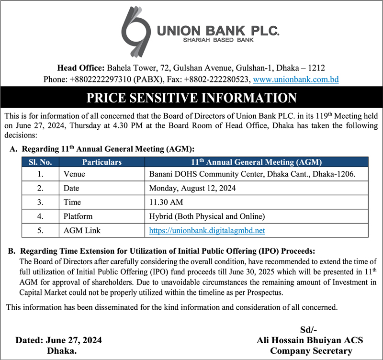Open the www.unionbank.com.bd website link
[x=295, y=79]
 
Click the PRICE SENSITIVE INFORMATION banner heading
[x=191, y=98]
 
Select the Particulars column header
[x=101, y=162]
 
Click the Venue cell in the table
[x=75, y=174]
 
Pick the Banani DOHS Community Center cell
[x=252, y=174]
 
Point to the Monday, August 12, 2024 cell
[x=192, y=188]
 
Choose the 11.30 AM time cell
[x=166, y=202]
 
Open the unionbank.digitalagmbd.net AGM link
[x=207, y=230]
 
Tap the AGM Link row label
[x=82, y=230]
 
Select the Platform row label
[x=78, y=216]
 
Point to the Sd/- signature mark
[x=309, y=329]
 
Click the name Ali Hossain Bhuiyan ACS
[x=310, y=340]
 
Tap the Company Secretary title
[x=311, y=351]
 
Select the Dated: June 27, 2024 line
[x=59, y=340]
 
